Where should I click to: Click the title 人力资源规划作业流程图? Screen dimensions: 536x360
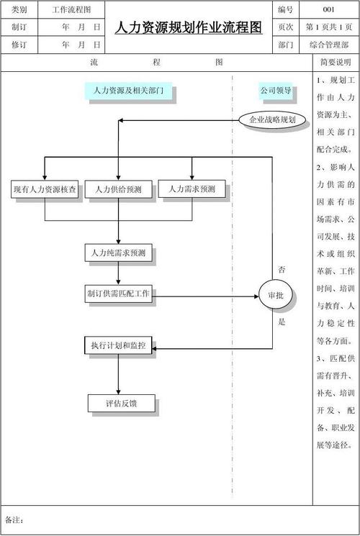[189, 27]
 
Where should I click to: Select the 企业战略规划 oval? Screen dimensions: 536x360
[267, 119]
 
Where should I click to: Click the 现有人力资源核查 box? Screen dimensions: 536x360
[45, 190]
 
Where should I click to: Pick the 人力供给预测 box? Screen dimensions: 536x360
[118, 190]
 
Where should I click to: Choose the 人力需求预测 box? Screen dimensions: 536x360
[192, 189]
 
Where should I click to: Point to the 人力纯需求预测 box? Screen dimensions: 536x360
[118, 253]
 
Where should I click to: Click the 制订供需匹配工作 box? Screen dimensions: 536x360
[118, 294]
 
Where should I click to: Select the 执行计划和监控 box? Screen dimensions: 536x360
[118, 346]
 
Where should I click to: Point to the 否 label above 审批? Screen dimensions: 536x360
[282, 269]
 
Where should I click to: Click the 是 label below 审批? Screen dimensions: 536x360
[282, 322]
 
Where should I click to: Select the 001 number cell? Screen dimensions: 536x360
[328, 9]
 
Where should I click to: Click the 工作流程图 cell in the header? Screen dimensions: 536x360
[71, 9]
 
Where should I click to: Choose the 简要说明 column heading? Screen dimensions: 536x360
[336, 63]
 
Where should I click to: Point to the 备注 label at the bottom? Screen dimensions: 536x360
[14, 519]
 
